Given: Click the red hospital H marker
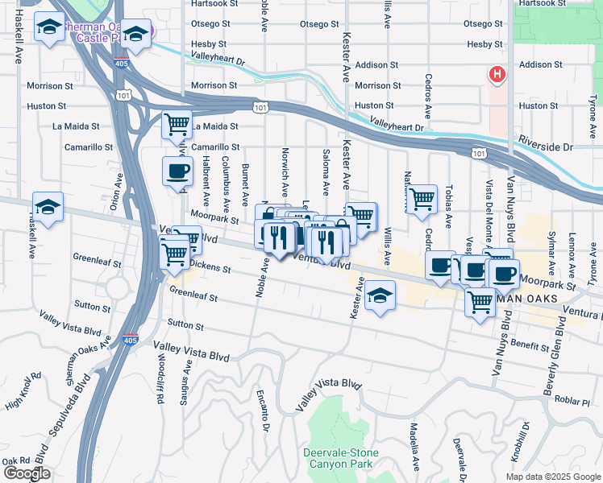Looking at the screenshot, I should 497,76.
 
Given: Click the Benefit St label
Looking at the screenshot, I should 530,344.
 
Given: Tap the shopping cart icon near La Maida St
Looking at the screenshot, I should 177,125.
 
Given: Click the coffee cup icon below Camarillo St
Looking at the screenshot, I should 177,170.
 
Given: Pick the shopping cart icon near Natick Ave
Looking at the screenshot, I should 422,199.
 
